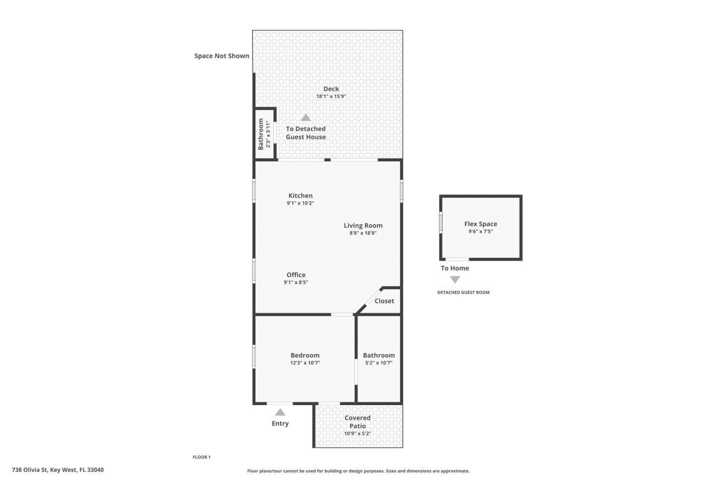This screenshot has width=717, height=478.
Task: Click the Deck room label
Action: point(331,89)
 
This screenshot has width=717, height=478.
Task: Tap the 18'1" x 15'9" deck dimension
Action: point(331,96)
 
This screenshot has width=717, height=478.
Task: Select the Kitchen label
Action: point(300,196)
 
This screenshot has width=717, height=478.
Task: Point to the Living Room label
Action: point(363,225)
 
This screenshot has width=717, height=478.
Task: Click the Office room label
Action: point(296,275)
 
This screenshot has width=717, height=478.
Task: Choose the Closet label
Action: point(384,301)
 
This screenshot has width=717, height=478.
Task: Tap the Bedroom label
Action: point(305,355)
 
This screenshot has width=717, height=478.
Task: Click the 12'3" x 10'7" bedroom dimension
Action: point(305,363)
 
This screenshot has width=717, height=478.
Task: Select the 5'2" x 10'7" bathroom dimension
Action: point(379,363)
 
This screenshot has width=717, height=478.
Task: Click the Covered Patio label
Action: point(357,421)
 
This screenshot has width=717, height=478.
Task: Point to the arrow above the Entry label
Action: point(280,412)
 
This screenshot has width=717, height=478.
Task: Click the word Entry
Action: point(280,424)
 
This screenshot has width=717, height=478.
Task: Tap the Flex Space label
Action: point(481,224)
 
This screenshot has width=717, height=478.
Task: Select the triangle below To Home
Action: point(455,280)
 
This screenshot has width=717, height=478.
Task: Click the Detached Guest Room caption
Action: point(463,293)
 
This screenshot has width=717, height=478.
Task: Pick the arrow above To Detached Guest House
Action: point(306,118)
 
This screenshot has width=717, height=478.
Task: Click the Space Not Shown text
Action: point(222,56)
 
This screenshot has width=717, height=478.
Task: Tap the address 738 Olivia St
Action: point(58,470)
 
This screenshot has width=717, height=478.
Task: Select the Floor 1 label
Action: point(202,457)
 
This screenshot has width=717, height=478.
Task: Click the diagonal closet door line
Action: point(368,301)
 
